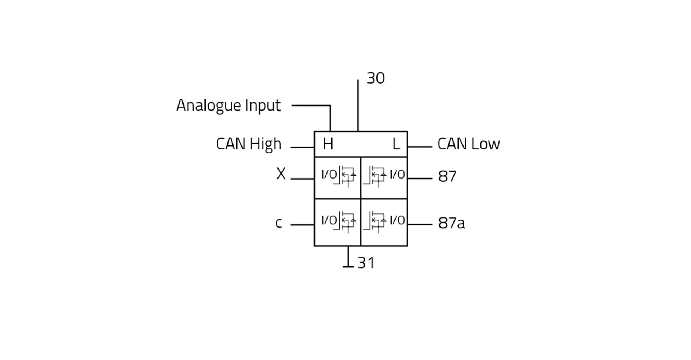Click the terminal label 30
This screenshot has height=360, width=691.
click(x=375, y=78)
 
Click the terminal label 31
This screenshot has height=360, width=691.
click(x=366, y=263)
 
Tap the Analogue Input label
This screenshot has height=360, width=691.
click(x=228, y=105)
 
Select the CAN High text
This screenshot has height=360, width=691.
click(x=248, y=144)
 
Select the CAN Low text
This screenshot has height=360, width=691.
click(x=468, y=144)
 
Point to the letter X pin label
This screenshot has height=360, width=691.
click(x=281, y=174)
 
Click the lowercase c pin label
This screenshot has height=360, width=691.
click(x=279, y=223)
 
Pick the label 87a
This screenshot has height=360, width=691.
click(x=451, y=223)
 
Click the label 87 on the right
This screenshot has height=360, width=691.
click(x=447, y=176)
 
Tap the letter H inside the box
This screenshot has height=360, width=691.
click(x=328, y=144)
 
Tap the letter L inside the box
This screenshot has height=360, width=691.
click(x=396, y=144)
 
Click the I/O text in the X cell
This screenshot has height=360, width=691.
click(x=329, y=175)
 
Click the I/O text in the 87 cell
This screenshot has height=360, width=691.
click(x=397, y=175)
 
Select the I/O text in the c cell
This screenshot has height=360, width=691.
click(x=329, y=220)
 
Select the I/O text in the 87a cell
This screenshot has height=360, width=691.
click(x=397, y=220)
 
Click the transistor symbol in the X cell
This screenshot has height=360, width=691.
click(x=346, y=176)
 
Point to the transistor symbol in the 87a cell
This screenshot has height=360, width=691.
click(x=375, y=222)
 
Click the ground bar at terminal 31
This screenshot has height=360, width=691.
click(x=348, y=267)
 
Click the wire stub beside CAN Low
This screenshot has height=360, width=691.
click(x=420, y=147)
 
